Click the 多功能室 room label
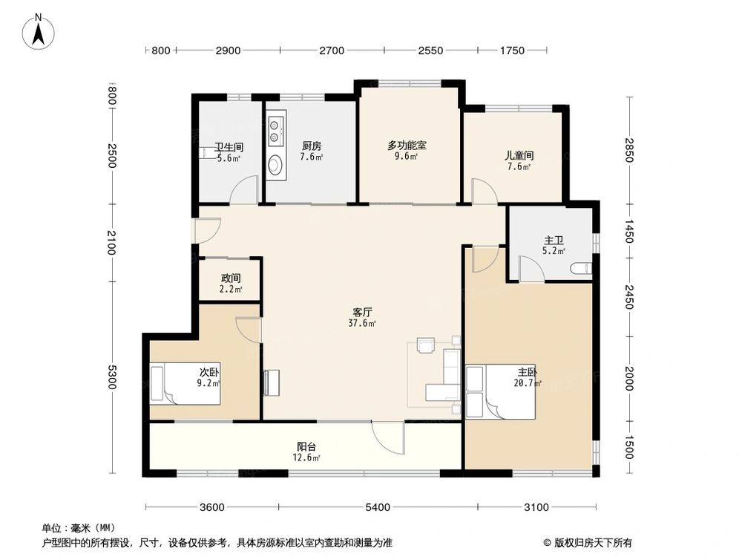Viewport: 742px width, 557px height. [x=406, y=146]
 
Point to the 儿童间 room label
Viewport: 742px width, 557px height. [x=519, y=156]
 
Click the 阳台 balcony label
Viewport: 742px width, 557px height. [x=307, y=447]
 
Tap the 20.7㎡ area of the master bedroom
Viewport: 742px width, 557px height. [x=527, y=383]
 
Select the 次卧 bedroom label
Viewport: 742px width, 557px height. [x=208, y=372]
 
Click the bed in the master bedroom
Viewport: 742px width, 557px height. [x=500, y=391]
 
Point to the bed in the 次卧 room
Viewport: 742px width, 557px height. [x=185, y=383]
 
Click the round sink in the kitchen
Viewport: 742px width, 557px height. [x=275, y=164]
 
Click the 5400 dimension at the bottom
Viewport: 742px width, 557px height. [x=377, y=508]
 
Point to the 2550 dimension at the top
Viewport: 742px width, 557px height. [x=430, y=51]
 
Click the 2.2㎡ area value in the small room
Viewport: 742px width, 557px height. [x=230, y=289]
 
